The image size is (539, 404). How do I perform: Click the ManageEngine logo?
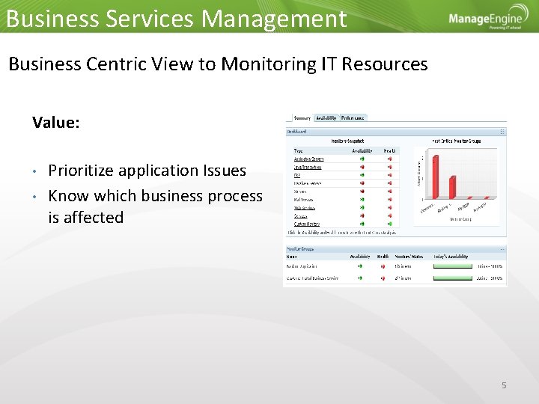(487, 18)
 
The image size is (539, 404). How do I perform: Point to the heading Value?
(56, 122)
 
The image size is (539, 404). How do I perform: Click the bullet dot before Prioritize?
(35, 171)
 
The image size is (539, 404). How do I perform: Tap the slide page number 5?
(504, 385)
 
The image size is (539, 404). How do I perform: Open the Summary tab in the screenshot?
(302, 117)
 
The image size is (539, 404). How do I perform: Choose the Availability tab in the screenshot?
(326, 117)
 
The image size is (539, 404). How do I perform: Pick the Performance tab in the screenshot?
(353, 117)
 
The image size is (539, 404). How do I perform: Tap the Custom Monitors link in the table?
(306, 223)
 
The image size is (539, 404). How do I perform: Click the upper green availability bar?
(453, 265)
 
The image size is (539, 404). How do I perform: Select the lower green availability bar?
(453, 278)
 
